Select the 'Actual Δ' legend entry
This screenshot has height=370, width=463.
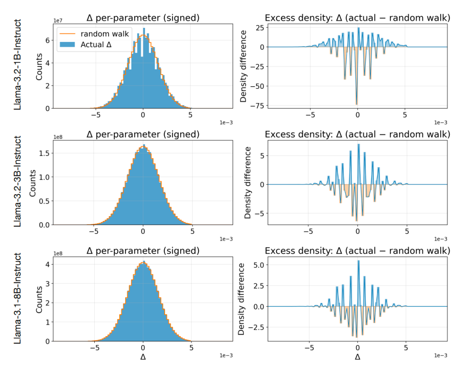pos(86,45)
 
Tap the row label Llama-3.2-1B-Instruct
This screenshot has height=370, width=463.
pos(18,65)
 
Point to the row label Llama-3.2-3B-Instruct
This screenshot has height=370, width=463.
pos(18,181)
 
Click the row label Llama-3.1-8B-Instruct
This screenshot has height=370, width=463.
pos(18,298)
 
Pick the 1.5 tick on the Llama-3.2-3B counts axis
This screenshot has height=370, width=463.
pos(44,153)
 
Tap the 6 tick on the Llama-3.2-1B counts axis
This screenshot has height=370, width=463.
pos(48,40)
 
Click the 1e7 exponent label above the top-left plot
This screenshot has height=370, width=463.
pos(57,21)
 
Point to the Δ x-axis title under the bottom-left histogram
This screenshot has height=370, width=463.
pos(143,357)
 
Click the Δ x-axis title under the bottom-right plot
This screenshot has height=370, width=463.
pos(358,357)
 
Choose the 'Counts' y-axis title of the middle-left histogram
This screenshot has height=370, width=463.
pos(33,183)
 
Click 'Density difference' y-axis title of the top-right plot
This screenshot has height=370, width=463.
pos(243,66)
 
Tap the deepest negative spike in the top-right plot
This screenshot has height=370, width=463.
pos(356,104)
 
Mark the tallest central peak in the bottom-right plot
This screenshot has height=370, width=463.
pos(358,261)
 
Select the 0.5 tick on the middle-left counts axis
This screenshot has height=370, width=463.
pos(44,201)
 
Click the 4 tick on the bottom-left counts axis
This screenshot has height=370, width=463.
pos(48,264)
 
